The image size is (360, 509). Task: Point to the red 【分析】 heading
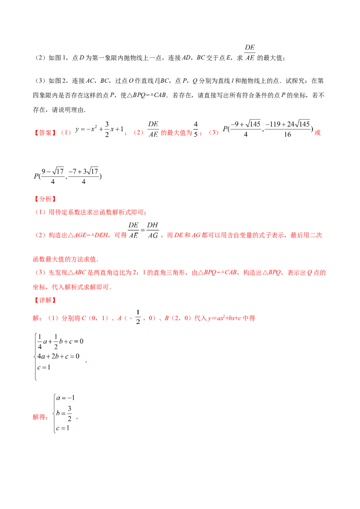click(43, 199)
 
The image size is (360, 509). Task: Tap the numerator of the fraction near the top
click(250, 47)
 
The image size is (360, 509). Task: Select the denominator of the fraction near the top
click(250, 58)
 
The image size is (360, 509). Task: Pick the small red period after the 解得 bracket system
click(77, 419)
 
